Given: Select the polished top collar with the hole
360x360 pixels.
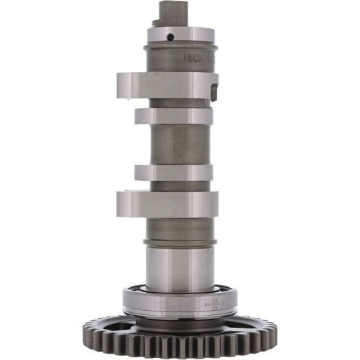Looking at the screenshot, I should (x=179, y=35).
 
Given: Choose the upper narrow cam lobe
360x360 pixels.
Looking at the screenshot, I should (x=174, y=116).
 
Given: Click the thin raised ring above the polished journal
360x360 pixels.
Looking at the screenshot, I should (x=179, y=243).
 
